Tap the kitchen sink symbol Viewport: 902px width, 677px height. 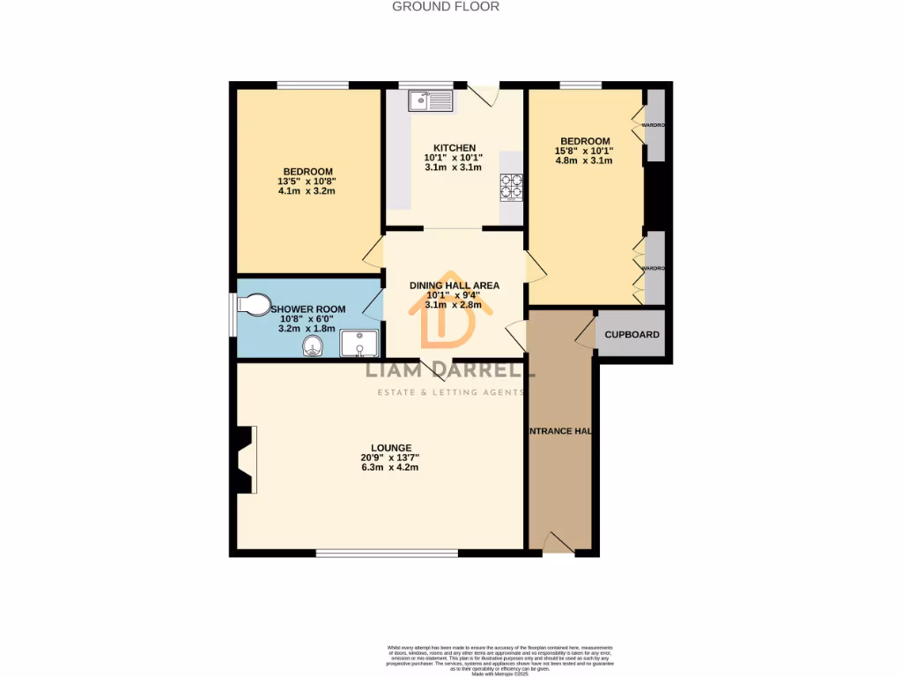click(x=430, y=101)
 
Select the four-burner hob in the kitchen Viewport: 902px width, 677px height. click(x=511, y=189)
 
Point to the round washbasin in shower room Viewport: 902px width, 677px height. click(x=313, y=345)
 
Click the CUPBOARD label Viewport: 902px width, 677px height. click(x=632, y=335)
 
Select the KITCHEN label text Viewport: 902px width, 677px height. click(x=455, y=148)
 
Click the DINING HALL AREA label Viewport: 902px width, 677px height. click(x=455, y=286)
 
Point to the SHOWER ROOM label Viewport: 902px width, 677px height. click(x=307, y=309)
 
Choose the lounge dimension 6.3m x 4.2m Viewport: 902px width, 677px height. click(x=389, y=467)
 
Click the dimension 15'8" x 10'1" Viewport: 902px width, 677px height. click(x=584, y=151)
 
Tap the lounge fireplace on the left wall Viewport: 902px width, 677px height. click(x=246, y=459)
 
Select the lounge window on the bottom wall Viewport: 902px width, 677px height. click(x=388, y=554)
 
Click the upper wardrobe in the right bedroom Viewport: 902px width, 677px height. click(x=655, y=125)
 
